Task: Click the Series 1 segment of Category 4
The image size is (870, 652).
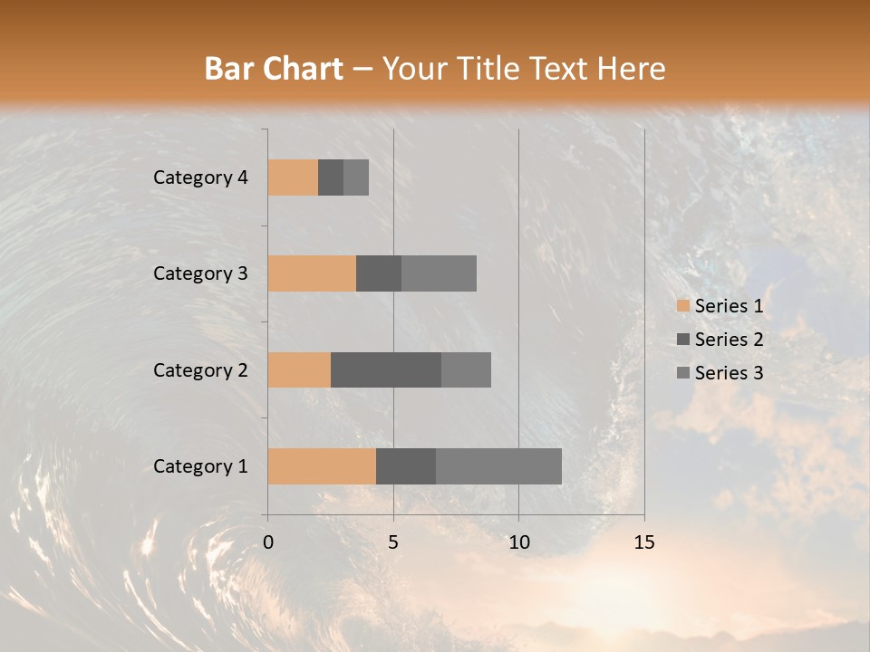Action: [293, 177]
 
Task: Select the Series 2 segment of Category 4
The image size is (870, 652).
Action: [331, 177]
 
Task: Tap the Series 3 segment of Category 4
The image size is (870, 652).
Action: [356, 177]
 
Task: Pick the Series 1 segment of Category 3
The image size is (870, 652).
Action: [312, 273]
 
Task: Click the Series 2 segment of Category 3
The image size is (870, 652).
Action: [379, 273]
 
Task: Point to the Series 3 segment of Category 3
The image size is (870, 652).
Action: [439, 273]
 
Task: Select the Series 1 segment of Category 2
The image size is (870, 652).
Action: [299, 369]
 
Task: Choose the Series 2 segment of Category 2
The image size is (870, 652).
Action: [386, 369]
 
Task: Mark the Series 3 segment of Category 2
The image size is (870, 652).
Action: [466, 369]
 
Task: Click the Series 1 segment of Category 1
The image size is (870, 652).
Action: [322, 466]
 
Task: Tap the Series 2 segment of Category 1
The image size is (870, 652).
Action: [406, 466]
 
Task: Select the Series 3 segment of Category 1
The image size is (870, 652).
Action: [498, 466]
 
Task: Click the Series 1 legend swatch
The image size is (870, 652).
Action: [682, 306]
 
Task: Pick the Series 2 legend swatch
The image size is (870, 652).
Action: [682, 340]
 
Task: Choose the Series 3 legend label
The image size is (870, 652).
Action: [729, 373]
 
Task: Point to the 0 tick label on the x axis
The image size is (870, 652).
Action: [268, 542]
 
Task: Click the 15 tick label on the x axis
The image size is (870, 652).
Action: [643, 542]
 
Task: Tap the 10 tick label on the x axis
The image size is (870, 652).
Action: [518, 542]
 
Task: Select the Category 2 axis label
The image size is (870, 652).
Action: [200, 369]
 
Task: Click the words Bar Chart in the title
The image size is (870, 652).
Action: [274, 69]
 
